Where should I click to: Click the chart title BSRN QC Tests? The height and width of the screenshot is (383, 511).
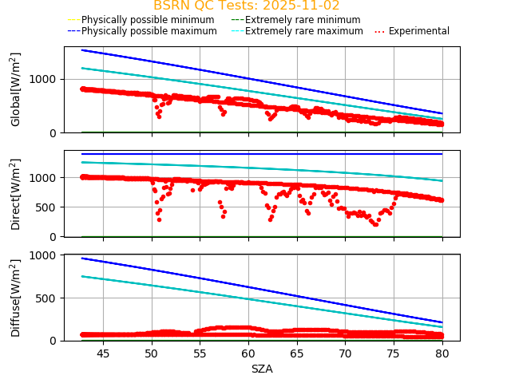pos(247,6)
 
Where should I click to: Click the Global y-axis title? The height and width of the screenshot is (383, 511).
pos(16,89)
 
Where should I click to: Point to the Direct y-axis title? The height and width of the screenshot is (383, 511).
pos(16,194)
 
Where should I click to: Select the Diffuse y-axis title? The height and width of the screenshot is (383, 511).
pos(16,298)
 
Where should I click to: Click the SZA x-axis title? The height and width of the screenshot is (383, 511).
pos(262,369)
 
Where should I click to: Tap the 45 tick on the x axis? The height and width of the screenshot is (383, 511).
pos(103,353)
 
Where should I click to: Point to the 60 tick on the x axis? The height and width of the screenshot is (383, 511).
pos(248,353)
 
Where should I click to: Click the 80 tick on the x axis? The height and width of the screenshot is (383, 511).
pos(442,353)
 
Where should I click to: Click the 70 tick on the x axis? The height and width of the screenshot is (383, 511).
pos(346,353)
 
